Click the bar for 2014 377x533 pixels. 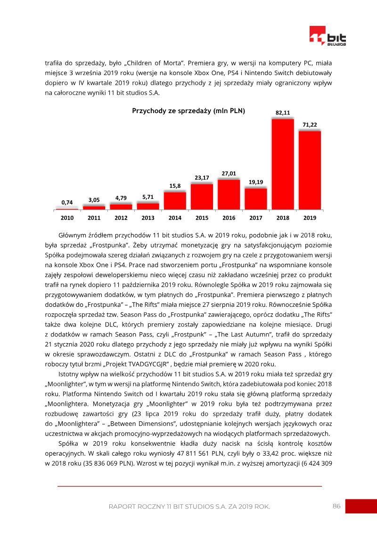click(175, 200)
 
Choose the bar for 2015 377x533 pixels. click(202, 197)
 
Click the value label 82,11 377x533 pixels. click(283, 113)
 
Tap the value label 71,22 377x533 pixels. click(310, 124)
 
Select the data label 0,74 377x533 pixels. click(67, 202)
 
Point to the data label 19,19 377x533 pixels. click(256, 182)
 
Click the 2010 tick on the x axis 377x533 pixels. click(67, 218)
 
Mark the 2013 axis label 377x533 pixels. click(148, 218)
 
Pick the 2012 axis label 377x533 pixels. click(121, 218)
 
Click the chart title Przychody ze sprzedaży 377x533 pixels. click(188, 111)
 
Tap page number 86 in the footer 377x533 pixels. click(336, 506)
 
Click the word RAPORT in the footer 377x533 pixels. click(122, 507)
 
